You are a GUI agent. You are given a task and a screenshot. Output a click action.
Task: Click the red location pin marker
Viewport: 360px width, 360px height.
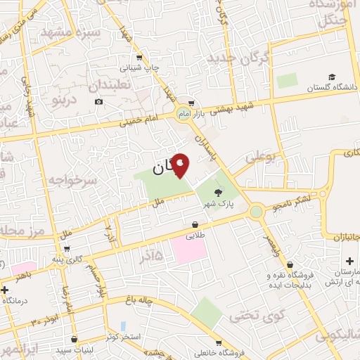click(181, 165)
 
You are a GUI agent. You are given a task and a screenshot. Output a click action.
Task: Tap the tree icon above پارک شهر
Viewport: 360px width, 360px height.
click(218, 193)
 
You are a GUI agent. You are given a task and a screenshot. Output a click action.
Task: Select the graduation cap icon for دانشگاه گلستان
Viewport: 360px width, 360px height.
click(331, 77)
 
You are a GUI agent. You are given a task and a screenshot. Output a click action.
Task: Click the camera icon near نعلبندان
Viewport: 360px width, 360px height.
click(98, 102)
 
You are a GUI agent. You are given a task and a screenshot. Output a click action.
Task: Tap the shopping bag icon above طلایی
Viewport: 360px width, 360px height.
click(194, 225)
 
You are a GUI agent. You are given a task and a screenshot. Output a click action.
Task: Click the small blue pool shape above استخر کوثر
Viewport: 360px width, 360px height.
click(123, 326)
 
